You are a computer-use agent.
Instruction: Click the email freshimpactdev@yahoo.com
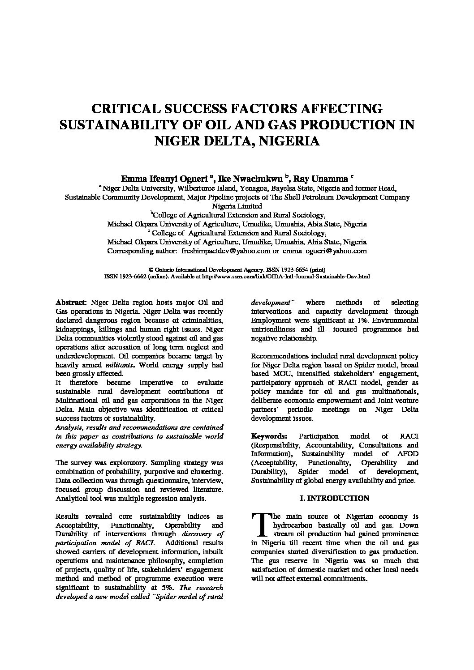coord(225,251)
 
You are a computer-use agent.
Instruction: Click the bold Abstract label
coord(70,303)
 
